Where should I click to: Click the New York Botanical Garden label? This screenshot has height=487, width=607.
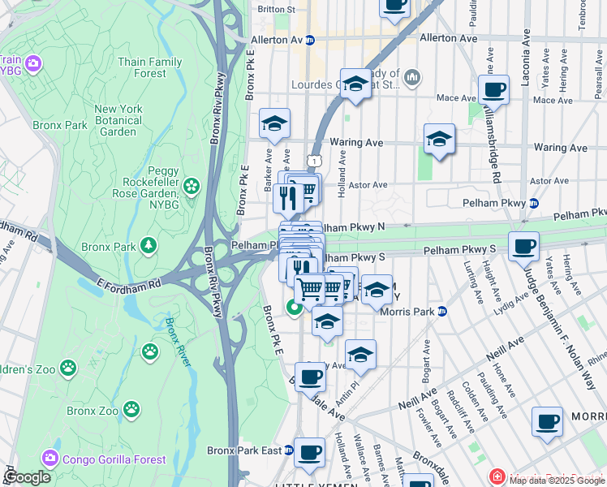pyautogui.click(x=118, y=120)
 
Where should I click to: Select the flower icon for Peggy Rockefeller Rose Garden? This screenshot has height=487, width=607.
pyautogui.click(x=192, y=187)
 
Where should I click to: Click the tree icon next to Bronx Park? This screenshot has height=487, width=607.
pyautogui.click(x=148, y=245)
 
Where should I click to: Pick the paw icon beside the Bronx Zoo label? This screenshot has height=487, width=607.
pyautogui.click(x=150, y=351)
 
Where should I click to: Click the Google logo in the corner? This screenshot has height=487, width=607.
pyautogui.click(x=28, y=477)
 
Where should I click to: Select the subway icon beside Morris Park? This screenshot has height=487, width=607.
pyautogui.click(x=442, y=311)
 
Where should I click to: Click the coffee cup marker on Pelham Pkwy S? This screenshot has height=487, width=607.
pyautogui.click(x=523, y=244)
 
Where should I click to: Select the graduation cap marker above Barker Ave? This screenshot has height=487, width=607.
pyautogui.click(x=275, y=123)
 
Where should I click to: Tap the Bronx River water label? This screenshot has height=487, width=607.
pyautogui.click(x=177, y=341)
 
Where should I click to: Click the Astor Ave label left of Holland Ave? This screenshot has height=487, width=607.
pyautogui.click(x=368, y=184)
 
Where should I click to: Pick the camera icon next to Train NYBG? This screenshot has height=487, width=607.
pyautogui.click(x=32, y=62)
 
